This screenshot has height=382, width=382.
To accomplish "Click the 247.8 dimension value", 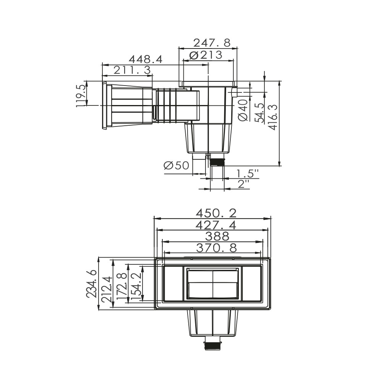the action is point(212,43).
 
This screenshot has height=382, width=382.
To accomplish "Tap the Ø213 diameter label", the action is point(206,55).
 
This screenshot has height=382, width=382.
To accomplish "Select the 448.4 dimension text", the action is point(146,60).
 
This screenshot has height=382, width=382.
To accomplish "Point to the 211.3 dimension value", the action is point(133,70).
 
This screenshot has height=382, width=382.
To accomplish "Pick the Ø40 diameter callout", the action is point(243,110).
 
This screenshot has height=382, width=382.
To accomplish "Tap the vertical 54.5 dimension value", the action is point(259,113).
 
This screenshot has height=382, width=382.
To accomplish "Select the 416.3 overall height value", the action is point(273,117).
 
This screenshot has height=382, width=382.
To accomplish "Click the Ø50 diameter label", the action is point(176,166).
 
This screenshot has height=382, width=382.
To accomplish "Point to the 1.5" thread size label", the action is point(248,174).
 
